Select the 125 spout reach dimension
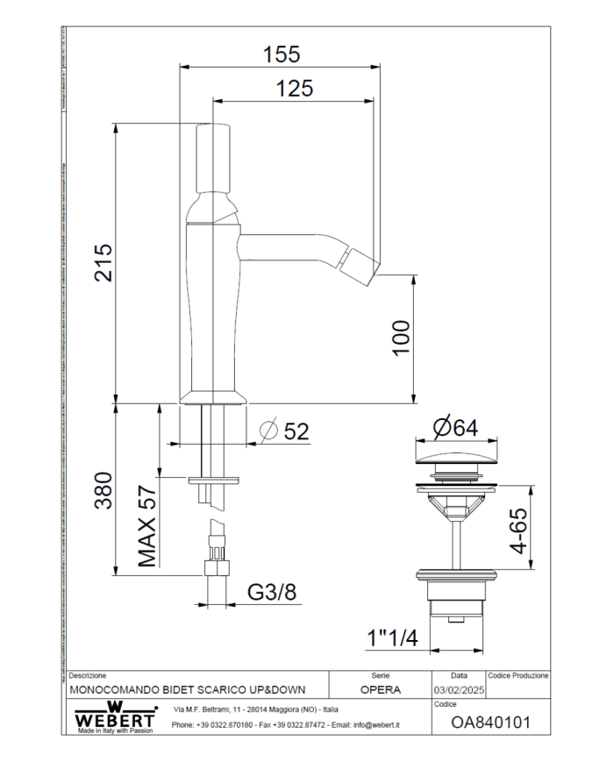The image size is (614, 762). [295, 89]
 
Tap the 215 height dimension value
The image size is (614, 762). [104, 262]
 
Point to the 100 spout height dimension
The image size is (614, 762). [401, 338]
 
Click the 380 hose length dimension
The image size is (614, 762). [104, 494]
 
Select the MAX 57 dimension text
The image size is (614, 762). [146, 526]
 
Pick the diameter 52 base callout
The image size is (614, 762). [286, 431]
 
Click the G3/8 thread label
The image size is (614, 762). [271, 593]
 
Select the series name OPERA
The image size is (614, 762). [380, 690]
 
